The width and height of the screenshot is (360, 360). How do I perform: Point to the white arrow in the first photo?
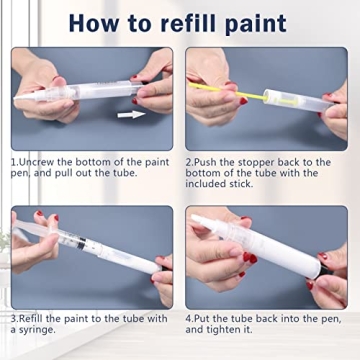pyautogui.click(x=129, y=114)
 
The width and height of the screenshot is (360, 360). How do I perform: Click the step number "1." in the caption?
pyautogui.click(x=15, y=161)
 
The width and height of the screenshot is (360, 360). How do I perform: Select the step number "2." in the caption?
pyautogui.click(x=190, y=161)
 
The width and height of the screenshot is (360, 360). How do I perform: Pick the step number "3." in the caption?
pyautogui.click(x=15, y=317)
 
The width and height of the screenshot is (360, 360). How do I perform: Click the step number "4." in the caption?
pyautogui.click(x=190, y=317)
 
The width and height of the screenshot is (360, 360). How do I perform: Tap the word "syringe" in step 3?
pyautogui.click(x=49, y=330)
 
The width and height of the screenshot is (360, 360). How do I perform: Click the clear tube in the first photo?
pyautogui.click(x=70, y=91)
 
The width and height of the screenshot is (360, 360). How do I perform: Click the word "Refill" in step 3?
pyautogui.click(x=35, y=317)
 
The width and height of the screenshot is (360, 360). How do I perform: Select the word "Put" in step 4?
pyautogui.click(x=206, y=317)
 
